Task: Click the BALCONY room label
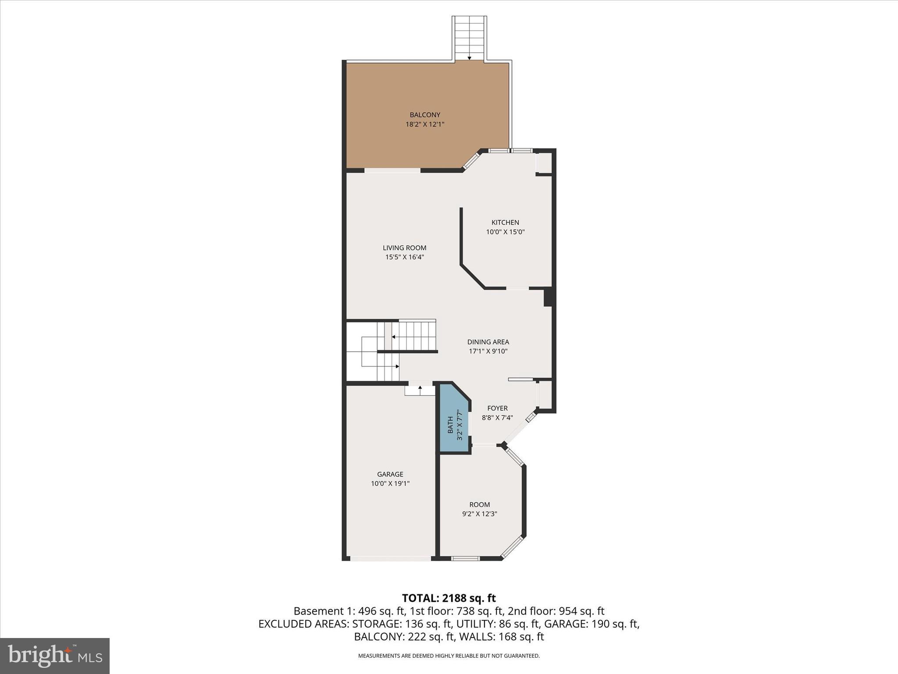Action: coord(424,115)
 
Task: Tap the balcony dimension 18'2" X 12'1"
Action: coord(424,125)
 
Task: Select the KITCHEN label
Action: coord(505,222)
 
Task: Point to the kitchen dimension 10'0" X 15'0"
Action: coord(505,232)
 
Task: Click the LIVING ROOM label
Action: coord(404,248)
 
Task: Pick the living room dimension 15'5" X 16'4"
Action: coord(404,258)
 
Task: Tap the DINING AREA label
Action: coord(488,342)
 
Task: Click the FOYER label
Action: coord(497,408)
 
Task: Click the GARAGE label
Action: coord(390,474)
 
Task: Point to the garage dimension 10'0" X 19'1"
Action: coord(390,484)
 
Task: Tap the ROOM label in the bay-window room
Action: coord(479,505)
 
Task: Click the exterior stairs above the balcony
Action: coord(469,37)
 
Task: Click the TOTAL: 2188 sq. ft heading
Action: coord(449,598)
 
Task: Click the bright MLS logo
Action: coord(55,656)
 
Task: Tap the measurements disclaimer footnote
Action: coord(449,656)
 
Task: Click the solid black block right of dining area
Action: coord(548,297)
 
